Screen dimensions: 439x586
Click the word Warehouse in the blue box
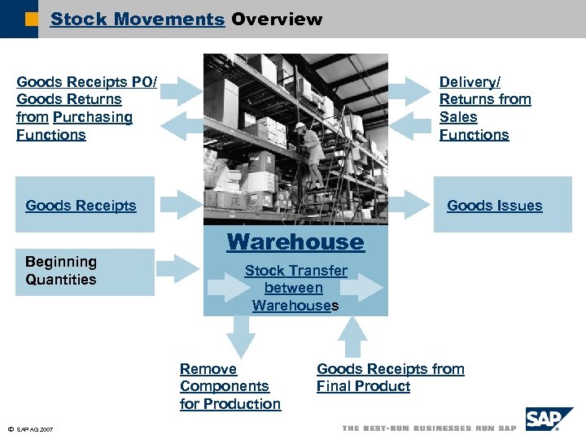coord(295,242)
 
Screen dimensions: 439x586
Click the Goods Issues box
coord(502,205)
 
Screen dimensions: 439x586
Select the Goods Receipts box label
coord(81,206)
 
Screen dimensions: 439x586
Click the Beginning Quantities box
coord(85,272)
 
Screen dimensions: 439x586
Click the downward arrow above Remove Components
coord(239,333)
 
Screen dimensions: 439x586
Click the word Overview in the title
coord(277,19)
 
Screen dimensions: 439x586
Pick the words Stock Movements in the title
coord(137,19)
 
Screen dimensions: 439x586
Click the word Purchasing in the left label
coord(92,117)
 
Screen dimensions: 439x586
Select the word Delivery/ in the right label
coord(470,82)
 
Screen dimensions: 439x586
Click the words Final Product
coord(363,386)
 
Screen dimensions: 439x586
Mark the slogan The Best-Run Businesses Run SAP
coord(429,428)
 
